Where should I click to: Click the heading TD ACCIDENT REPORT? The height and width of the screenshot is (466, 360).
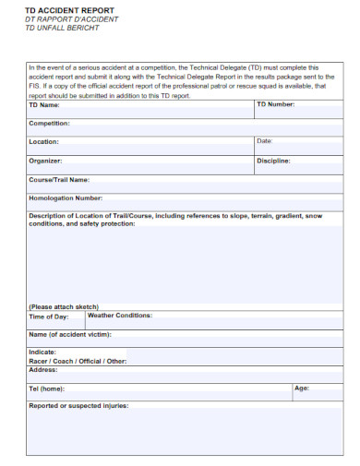(63, 9)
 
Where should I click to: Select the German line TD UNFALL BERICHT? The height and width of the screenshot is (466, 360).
(62, 28)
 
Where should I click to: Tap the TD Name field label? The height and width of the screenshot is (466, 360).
(45, 104)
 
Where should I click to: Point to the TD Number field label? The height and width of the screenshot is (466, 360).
(275, 104)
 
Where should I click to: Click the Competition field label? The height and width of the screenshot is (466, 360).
(49, 123)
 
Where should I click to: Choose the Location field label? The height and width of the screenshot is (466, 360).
(43, 142)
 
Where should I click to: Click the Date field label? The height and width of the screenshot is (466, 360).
(264, 141)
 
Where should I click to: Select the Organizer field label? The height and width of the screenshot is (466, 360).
(45, 161)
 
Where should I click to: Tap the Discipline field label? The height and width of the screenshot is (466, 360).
(273, 161)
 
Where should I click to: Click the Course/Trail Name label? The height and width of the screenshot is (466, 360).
(59, 179)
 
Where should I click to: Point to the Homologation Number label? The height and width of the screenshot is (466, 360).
(65, 197)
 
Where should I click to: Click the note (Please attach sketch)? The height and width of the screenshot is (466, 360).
(64, 306)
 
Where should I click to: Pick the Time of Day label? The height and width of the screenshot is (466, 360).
(49, 316)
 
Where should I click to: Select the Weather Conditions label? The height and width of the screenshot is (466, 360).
(119, 315)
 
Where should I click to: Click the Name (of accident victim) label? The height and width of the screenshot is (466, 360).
(69, 334)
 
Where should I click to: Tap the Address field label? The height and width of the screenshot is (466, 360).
(43, 369)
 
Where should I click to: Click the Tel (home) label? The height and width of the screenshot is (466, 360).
(47, 388)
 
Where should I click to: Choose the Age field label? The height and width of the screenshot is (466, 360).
(301, 388)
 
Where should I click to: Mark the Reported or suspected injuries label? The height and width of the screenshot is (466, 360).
(78, 406)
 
